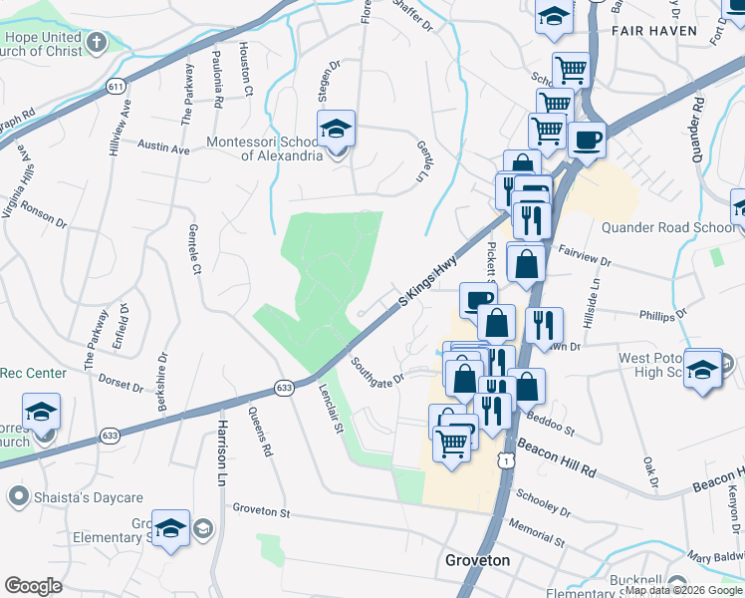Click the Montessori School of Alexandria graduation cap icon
pyautogui.click(x=337, y=129)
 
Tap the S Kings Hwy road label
pyautogui.click(x=427, y=280)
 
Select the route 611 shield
pyautogui.click(x=117, y=88)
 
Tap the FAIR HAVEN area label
pyautogui.click(x=654, y=31)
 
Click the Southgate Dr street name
pyautogui.click(x=377, y=372)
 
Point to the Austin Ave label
pyautogui.click(x=163, y=149)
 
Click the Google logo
pyautogui.click(x=34, y=585)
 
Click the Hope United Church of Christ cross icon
pyautogui.click(x=96, y=42)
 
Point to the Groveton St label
pyautogui.click(x=261, y=510)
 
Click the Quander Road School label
pyautogui.click(x=667, y=227)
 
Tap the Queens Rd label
pyautogui.click(x=260, y=433)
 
